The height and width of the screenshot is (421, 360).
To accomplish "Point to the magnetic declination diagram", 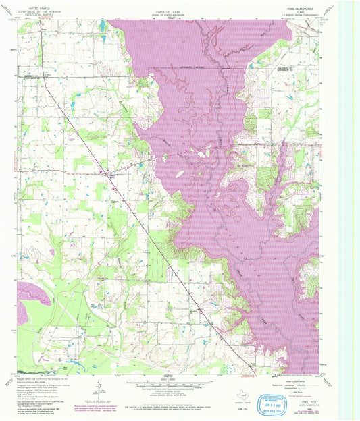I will [101, 388].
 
